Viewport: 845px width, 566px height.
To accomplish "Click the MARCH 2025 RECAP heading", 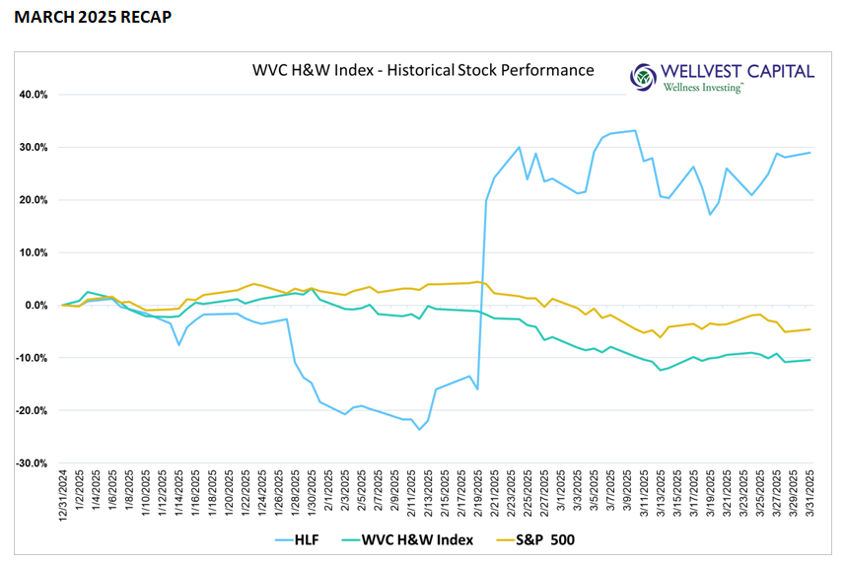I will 88,18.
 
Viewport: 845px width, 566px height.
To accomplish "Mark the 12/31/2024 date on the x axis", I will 63,491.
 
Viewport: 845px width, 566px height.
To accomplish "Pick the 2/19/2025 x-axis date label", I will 478,491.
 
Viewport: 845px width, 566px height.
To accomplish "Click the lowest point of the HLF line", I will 420,430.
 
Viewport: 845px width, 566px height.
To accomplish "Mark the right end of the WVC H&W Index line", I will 810,360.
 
